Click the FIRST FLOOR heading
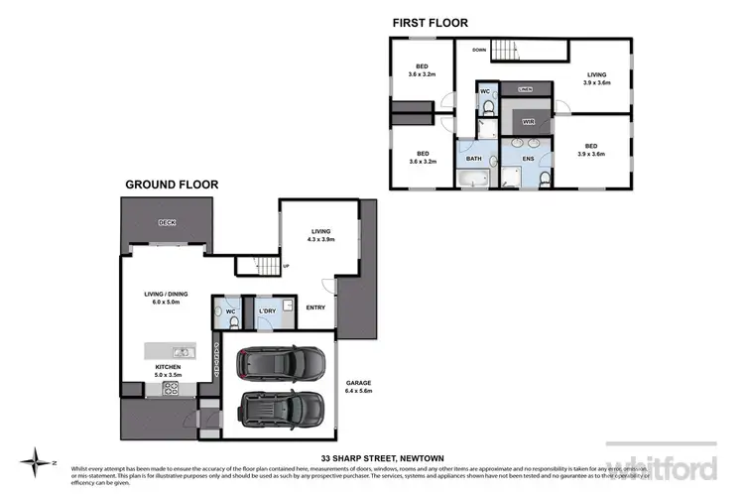click(x=431, y=23)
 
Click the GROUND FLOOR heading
click(x=172, y=185)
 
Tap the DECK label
click(x=167, y=223)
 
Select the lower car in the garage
click(x=284, y=408)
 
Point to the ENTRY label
click(x=315, y=308)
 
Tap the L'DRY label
click(x=266, y=312)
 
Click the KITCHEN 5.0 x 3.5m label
click(x=168, y=372)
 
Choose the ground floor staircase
click(x=265, y=265)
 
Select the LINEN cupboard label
click(x=526, y=89)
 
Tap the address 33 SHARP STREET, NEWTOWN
click(x=370, y=458)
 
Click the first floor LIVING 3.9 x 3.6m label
click(x=597, y=78)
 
